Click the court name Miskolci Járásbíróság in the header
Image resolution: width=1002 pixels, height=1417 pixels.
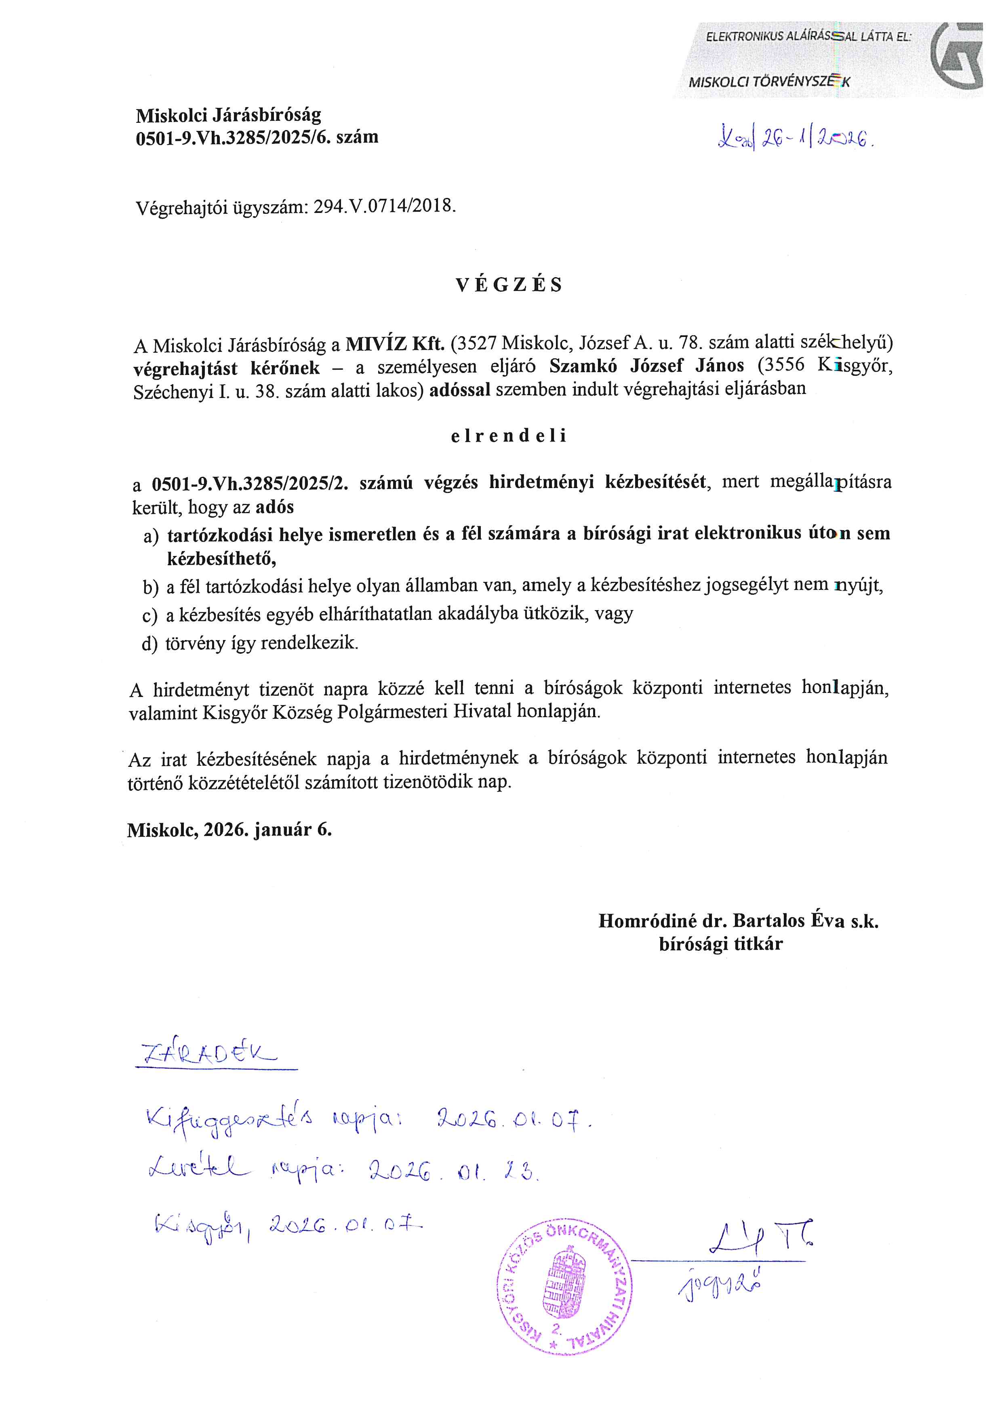[x=228, y=115]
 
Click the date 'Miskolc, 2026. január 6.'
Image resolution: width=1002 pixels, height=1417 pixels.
[x=229, y=830]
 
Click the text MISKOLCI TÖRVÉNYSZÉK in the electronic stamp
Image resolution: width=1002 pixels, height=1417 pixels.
[x=769, y=82]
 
